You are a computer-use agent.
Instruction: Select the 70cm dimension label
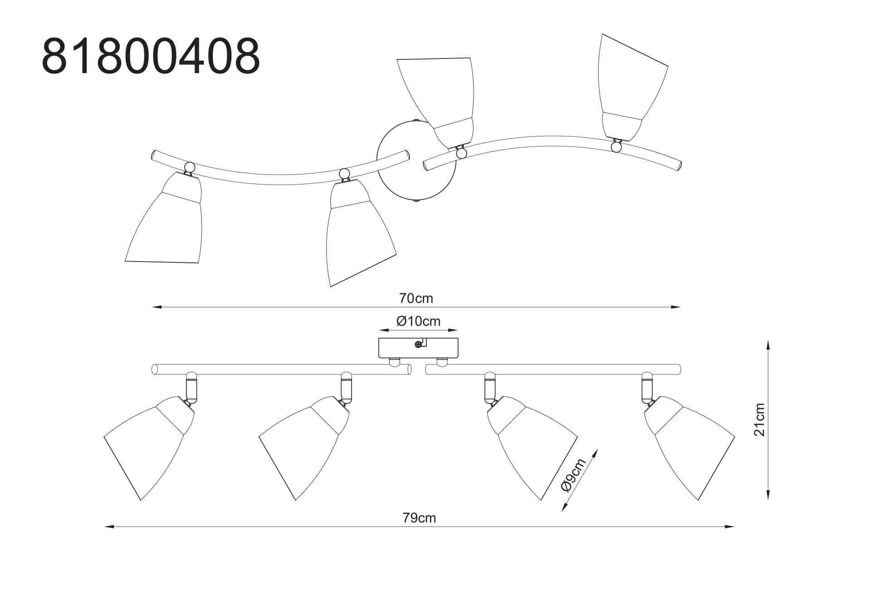click(416, 298)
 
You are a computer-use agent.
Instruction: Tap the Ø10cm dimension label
click(418, 321)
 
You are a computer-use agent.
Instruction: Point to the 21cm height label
click(759, 420)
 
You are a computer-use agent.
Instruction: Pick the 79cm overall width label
click(419, 518)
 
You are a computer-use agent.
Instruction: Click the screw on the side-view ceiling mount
click(418, 344)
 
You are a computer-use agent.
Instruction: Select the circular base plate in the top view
click(416, 161)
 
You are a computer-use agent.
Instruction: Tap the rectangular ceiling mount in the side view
click(418, 348)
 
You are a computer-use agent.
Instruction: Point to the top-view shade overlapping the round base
click(438, 102)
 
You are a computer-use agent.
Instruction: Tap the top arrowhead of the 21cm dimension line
click(768, 345)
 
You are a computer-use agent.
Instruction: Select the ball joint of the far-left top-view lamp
click(190, 167)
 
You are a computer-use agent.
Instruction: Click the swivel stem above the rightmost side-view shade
click(648, 388)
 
